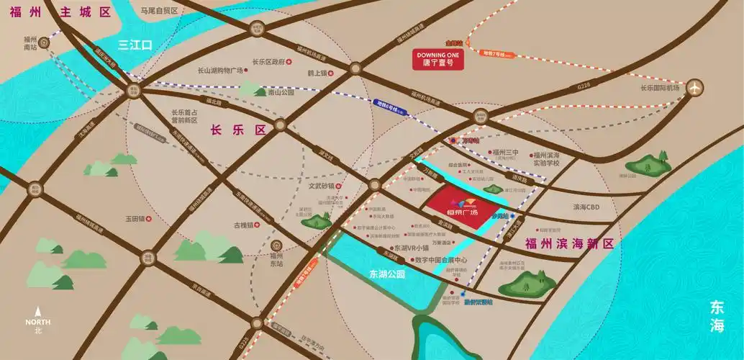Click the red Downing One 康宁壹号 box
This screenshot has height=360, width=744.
click(438, 58)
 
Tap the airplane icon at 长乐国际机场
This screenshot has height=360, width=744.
click(694, 87)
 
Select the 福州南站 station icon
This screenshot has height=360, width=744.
click(45, 42)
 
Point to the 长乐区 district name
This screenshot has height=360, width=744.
click(237, 130)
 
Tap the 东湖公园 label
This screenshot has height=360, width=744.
click(387, 274)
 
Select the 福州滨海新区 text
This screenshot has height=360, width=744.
click(569, 243)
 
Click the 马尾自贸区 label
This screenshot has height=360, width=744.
click(158, 11)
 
